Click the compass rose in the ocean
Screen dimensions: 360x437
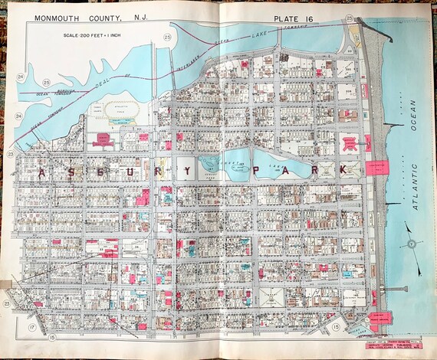click(x=412, y=246)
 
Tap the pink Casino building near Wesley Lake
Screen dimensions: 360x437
click(x=379, y=317)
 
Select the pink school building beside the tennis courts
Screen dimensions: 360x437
click(x=102, y=139)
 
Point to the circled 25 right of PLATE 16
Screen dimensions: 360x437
click(x=350, y=17)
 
